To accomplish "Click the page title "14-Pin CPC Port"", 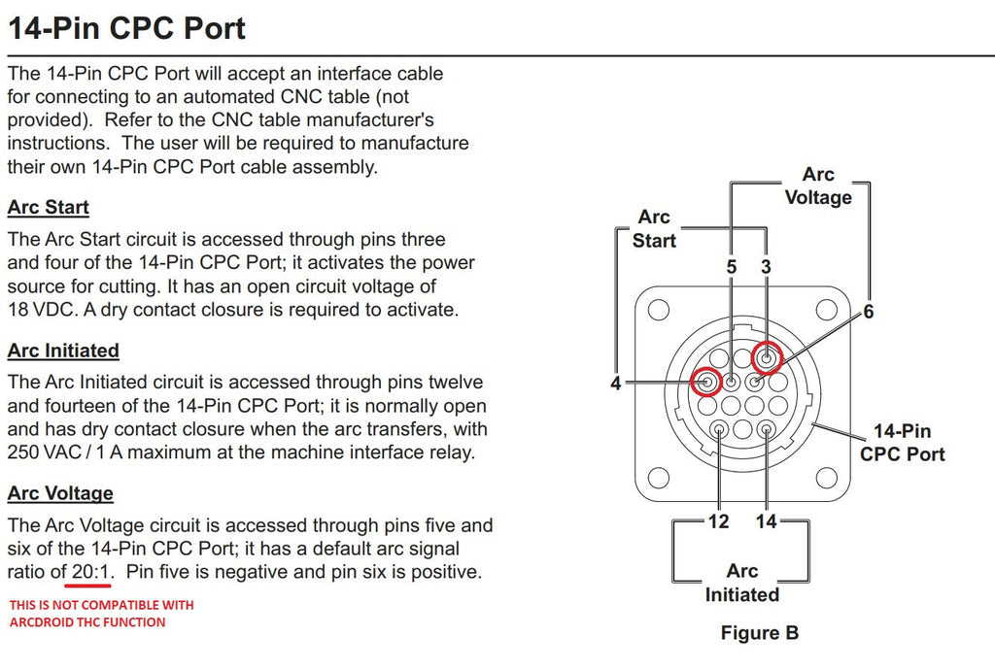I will (126, 27).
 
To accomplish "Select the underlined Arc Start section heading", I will (48, 207).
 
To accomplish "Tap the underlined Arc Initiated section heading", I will (63, 351).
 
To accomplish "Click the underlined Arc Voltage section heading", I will (60, 493).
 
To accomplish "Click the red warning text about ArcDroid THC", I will (102, 613).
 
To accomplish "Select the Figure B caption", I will (759, 633).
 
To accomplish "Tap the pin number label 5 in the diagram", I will (732, 266).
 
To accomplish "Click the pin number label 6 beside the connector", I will (869, 312).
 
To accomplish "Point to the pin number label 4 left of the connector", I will (615, 384).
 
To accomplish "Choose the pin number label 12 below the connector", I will (718, 521).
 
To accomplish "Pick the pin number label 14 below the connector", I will (767, 521).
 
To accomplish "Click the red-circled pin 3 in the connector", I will (767, 359).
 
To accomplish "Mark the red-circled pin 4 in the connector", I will (706, 382).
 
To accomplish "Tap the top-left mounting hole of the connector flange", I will (659, 311).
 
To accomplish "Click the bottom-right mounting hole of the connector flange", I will (826, 478).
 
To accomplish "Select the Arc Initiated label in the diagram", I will (741, 583).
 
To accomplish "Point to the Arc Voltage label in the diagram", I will (817, 185).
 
